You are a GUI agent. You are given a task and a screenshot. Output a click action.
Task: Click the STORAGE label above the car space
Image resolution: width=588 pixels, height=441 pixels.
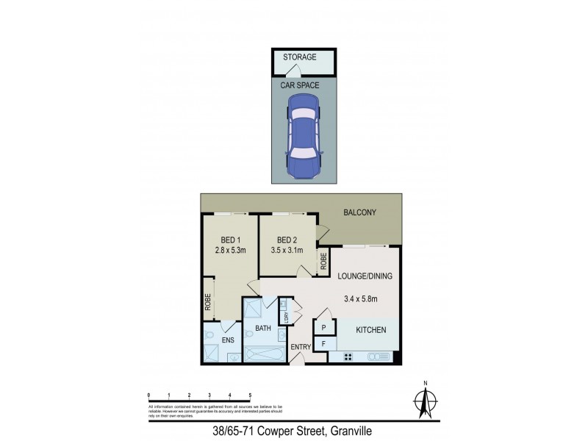300,57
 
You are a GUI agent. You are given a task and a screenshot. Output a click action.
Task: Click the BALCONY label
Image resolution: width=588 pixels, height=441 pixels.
360,213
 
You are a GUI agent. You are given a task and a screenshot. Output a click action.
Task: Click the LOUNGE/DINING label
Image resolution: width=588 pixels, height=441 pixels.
365,276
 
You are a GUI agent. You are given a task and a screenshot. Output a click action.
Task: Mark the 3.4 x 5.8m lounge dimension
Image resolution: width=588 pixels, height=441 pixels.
361,298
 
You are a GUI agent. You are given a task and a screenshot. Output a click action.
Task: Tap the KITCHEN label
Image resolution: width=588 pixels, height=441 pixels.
371,331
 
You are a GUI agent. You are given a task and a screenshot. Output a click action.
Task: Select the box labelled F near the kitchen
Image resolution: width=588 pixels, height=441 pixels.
323,344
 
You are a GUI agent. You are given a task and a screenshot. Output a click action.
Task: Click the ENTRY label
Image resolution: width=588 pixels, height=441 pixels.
301,347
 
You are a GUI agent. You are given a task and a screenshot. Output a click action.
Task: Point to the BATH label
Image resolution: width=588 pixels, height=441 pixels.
263,328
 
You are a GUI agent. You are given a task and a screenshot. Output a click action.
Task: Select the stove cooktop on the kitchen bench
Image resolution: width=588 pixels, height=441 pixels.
346,357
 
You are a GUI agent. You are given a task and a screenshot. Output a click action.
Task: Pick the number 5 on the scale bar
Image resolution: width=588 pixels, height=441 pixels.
251,395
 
